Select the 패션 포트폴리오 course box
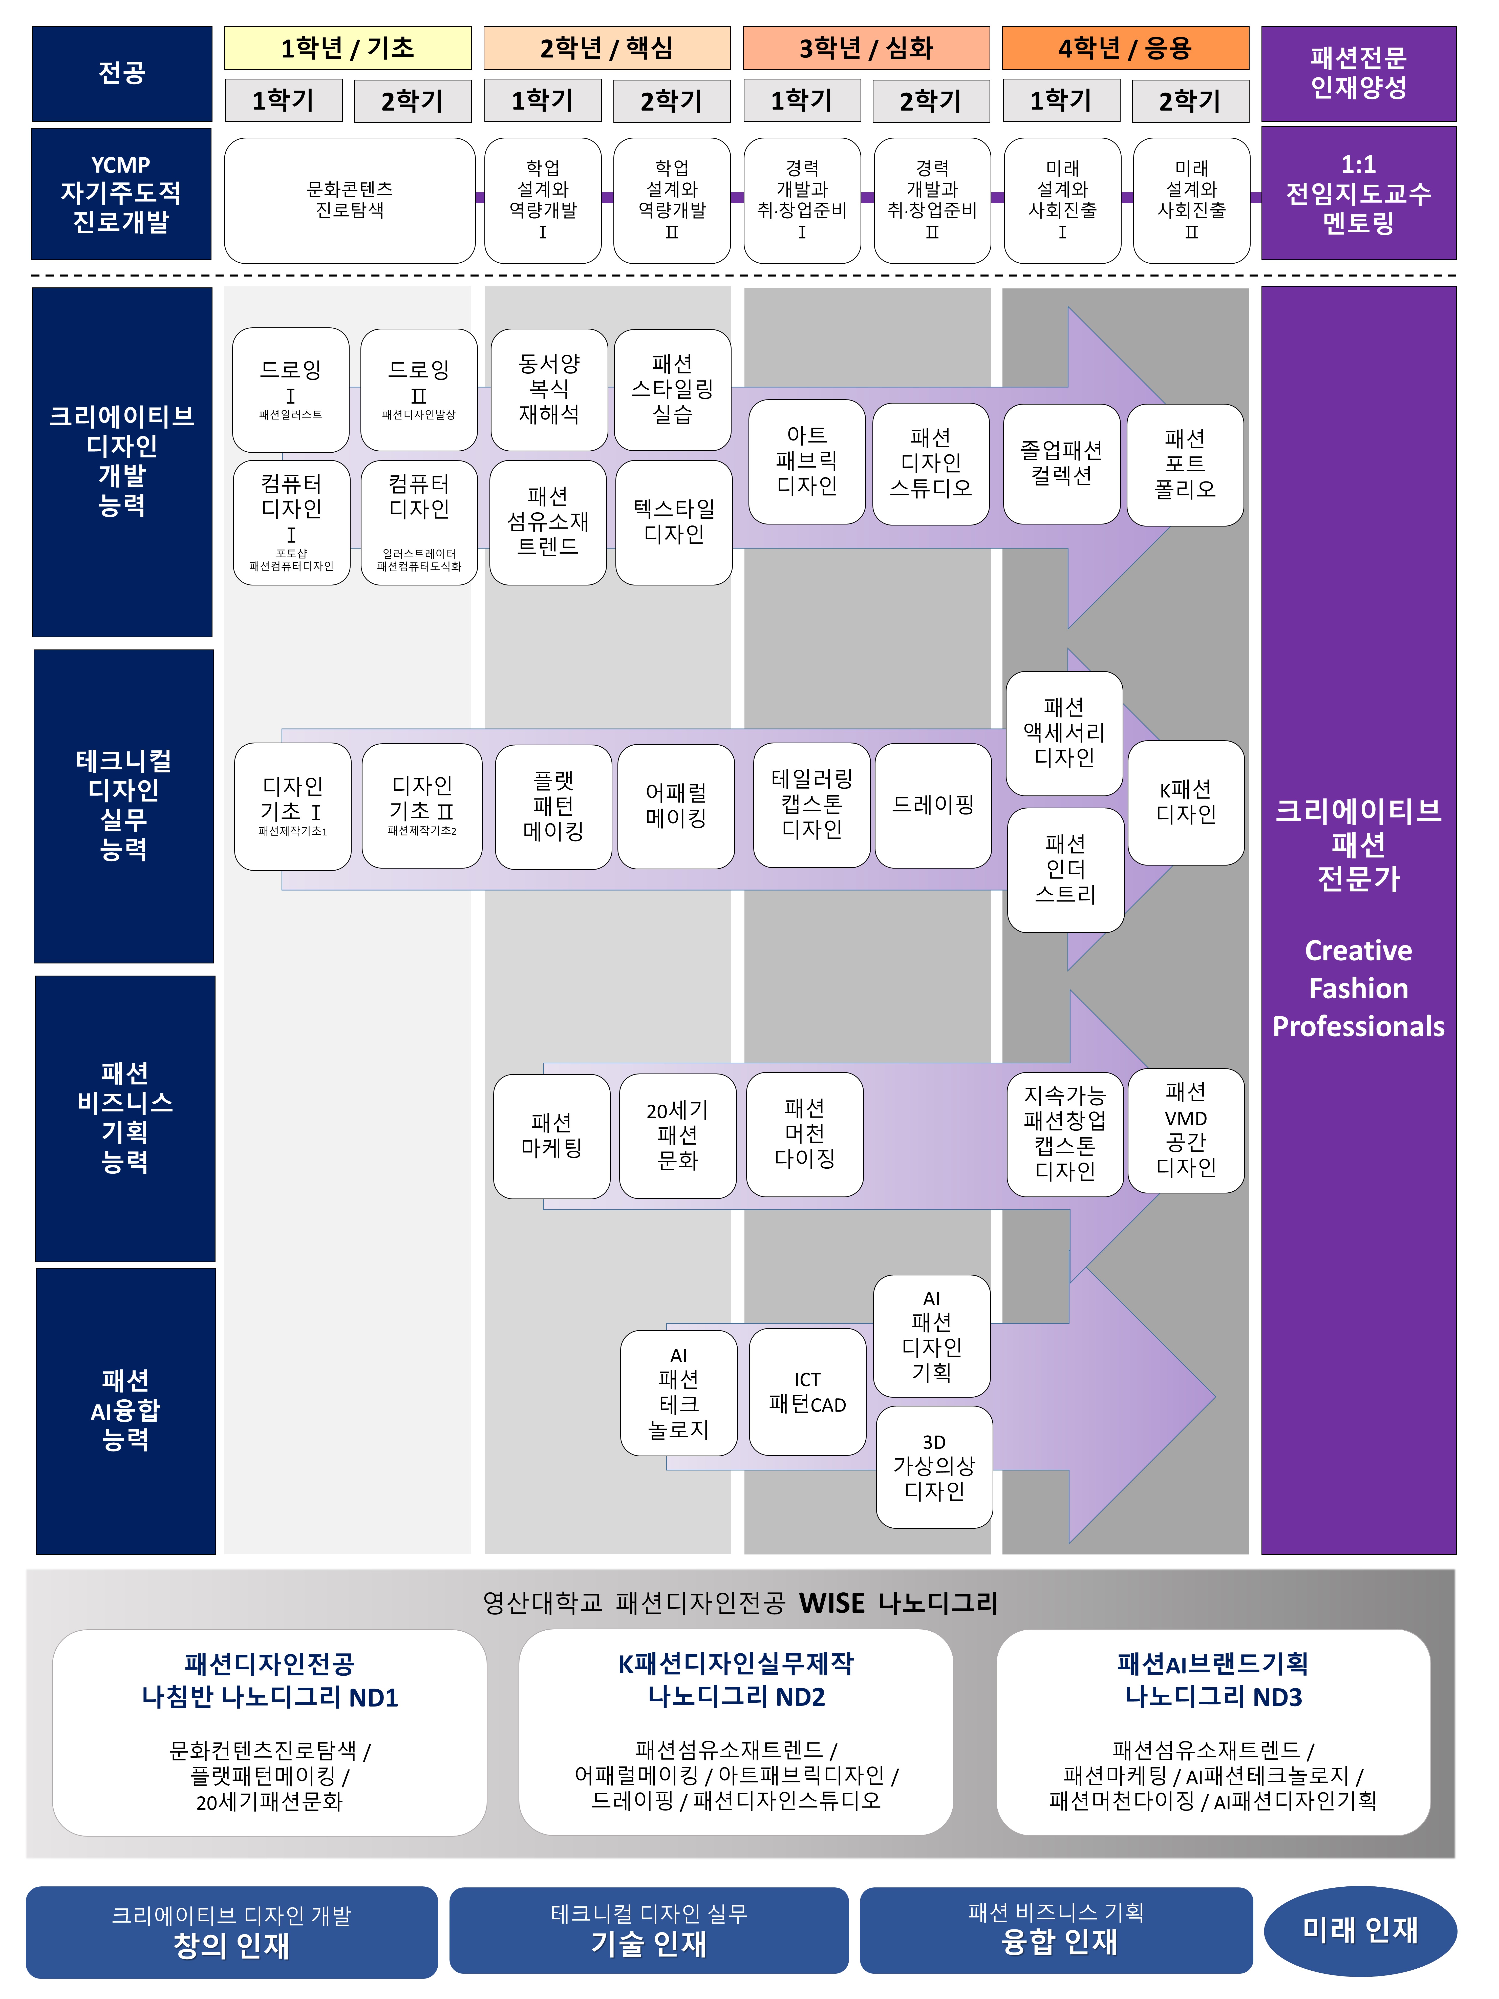coord(1185,465)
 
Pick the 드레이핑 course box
coord(932,804)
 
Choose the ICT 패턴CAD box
coord(807,1392)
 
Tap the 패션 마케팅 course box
coord(551,1136)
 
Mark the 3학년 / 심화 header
coord(866,48)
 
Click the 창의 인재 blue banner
coord(231,1932)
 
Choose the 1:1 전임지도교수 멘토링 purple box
coord(1358,193)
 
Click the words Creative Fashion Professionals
coord(1358,988)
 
